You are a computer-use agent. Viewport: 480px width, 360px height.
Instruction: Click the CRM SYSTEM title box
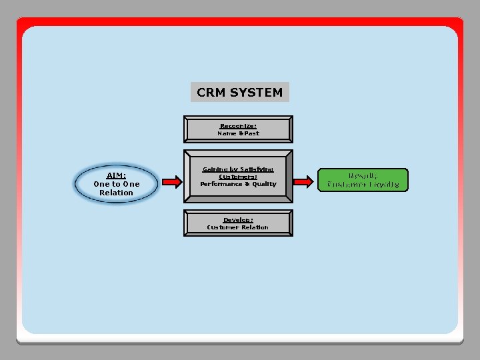coord(240,92)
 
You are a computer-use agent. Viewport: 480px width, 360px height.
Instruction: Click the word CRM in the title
coord(211,93)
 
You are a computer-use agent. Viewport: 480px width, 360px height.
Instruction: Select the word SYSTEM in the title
coord(256,93)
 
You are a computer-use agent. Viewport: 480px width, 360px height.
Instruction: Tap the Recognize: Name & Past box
coord(238,129)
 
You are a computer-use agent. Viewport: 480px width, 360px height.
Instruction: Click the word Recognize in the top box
coord(238,125)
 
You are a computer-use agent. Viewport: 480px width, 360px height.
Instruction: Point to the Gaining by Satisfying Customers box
coord(238,177)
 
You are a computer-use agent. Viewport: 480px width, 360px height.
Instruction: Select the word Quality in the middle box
coord(264,184)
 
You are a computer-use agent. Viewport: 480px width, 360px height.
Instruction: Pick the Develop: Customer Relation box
coord(238,223)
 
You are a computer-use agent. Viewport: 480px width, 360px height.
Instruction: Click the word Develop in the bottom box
coord(237,219)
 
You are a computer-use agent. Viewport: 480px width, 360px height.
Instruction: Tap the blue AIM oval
coord(117,183)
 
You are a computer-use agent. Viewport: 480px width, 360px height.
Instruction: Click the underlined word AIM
coord(116,175)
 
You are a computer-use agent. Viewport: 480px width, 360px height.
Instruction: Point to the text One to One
coord(117,184)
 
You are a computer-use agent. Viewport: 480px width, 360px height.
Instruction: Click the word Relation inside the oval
coord(117,193)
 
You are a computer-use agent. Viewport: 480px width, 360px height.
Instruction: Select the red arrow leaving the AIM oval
coord(172,181)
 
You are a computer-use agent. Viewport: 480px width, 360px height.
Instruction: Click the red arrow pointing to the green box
coord(304,181)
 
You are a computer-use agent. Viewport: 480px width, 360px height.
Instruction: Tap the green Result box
coord(363,180)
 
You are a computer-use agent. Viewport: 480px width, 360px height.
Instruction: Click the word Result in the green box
coord(363,175)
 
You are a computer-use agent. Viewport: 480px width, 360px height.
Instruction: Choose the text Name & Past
coord(238,133)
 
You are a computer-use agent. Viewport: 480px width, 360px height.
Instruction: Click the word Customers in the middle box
coord(237,177)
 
